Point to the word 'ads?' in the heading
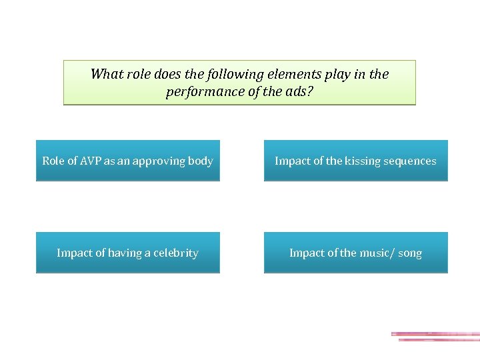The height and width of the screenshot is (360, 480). (299, 91)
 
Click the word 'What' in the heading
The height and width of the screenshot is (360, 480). (105, 74)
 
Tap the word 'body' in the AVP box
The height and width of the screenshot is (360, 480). (199, 161)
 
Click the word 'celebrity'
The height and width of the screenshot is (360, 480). (176, 253)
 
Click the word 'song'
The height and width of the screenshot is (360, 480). (410, 253)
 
